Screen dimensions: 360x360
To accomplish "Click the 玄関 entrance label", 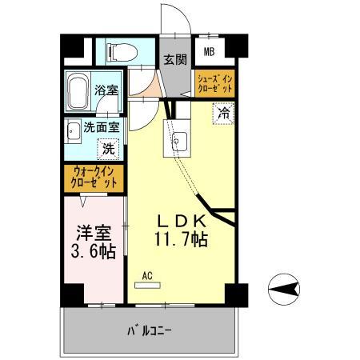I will point(175,58).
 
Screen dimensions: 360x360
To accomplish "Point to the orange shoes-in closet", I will point(214,83).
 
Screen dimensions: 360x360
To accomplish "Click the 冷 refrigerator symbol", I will point(226,114).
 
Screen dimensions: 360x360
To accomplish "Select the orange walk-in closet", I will point(94,177).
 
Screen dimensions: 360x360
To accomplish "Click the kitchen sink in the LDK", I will point(177,142).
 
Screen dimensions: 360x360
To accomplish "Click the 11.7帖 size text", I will point(181,239).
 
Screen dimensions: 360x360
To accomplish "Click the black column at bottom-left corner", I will point(72,294).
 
